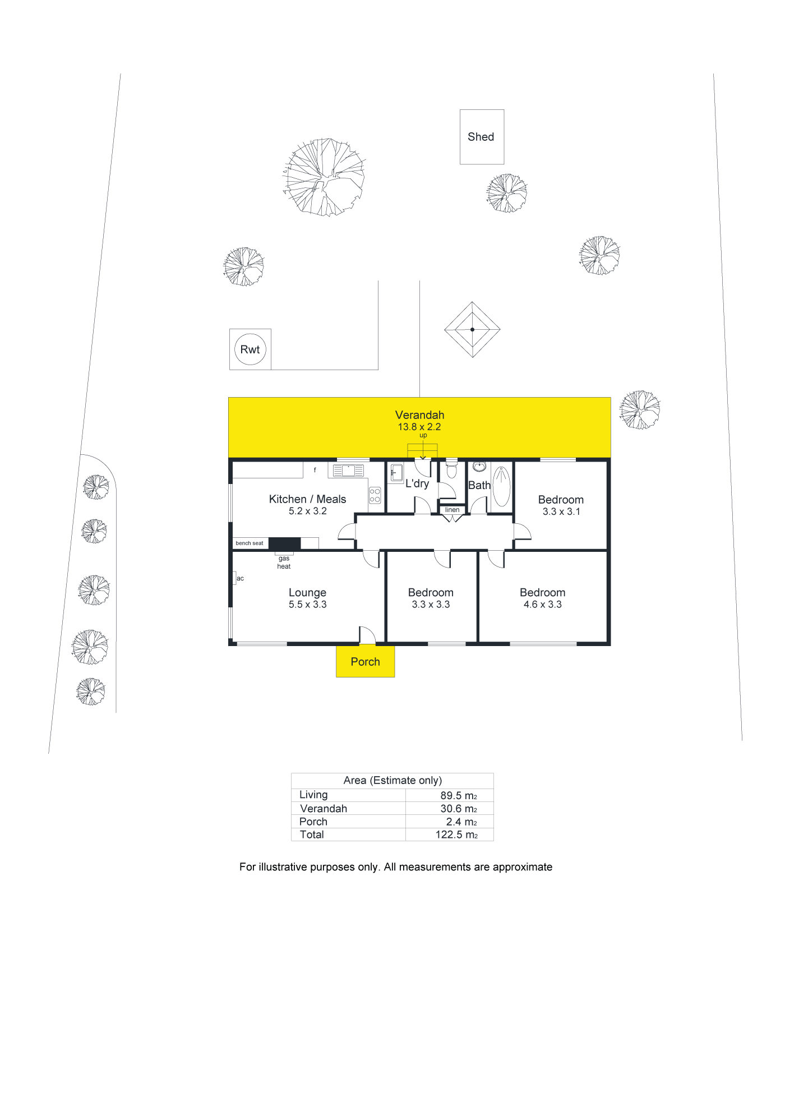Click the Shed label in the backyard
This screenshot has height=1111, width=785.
(x=481, y=137)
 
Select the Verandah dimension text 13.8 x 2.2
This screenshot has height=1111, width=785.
(x=419, y=427)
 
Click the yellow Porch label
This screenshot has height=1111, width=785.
(x=365, y=662)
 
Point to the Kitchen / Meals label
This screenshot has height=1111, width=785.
(x=307, y=499)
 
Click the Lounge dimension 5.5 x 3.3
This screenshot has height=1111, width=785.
(x=307, y=605)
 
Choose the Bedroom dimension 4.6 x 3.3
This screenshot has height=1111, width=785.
(x=542, y=605)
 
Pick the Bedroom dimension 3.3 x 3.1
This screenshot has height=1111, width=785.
(x=561, y=511)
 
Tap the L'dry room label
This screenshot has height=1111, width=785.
(x=417, y=483)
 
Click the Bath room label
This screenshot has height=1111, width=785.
(x=479, y=485)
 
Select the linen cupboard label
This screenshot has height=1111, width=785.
(x=452, y=510)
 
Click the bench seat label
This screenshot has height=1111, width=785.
(x=250, y=543)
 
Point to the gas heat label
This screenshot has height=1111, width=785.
(x=284, y=563)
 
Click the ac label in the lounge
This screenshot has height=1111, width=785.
(x=240, y=578)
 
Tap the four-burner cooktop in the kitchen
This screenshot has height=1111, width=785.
(x=375, y=495)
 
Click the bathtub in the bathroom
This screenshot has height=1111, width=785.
(x=501, y=486)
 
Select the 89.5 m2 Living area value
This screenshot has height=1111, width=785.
(x=459, y=795)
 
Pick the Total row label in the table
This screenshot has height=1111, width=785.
(x=312, y=835)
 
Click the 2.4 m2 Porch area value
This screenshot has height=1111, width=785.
(x=461, y=822)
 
